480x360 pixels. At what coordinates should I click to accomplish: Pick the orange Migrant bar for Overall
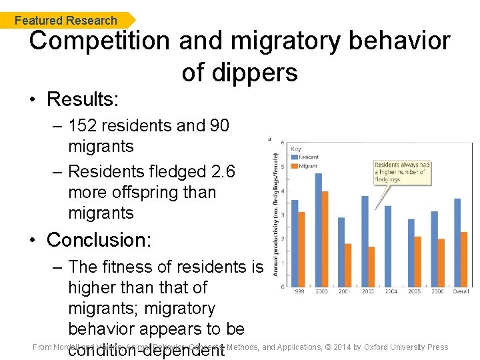464,259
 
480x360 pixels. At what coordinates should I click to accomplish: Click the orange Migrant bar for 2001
348,265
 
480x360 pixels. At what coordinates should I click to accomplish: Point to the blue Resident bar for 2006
435,249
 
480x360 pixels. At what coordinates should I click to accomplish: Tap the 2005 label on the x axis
415,292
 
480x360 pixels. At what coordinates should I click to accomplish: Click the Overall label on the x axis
460,292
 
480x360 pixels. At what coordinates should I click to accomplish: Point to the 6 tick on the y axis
283,143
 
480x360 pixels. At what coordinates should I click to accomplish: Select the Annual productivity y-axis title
275,207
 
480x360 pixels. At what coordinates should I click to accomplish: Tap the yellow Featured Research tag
67,20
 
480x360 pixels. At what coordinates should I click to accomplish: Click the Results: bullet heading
82,100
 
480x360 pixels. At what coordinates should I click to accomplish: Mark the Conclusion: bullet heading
99,239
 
